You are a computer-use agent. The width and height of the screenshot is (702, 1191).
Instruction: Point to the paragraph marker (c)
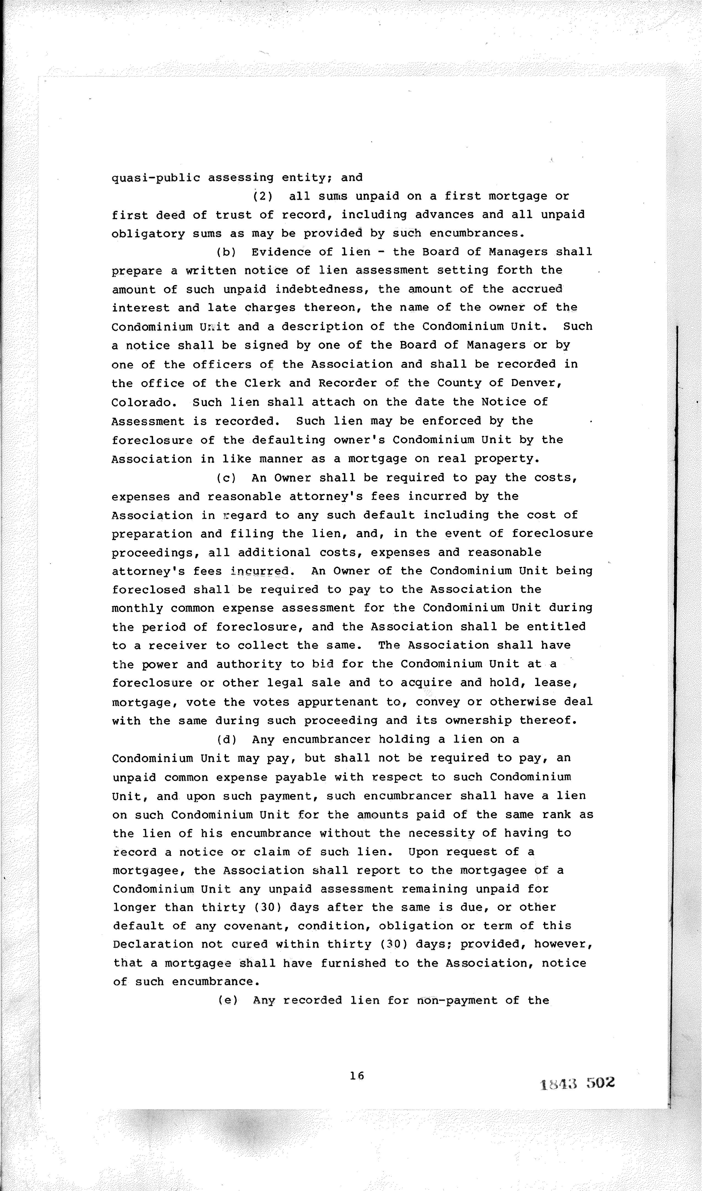226,478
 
